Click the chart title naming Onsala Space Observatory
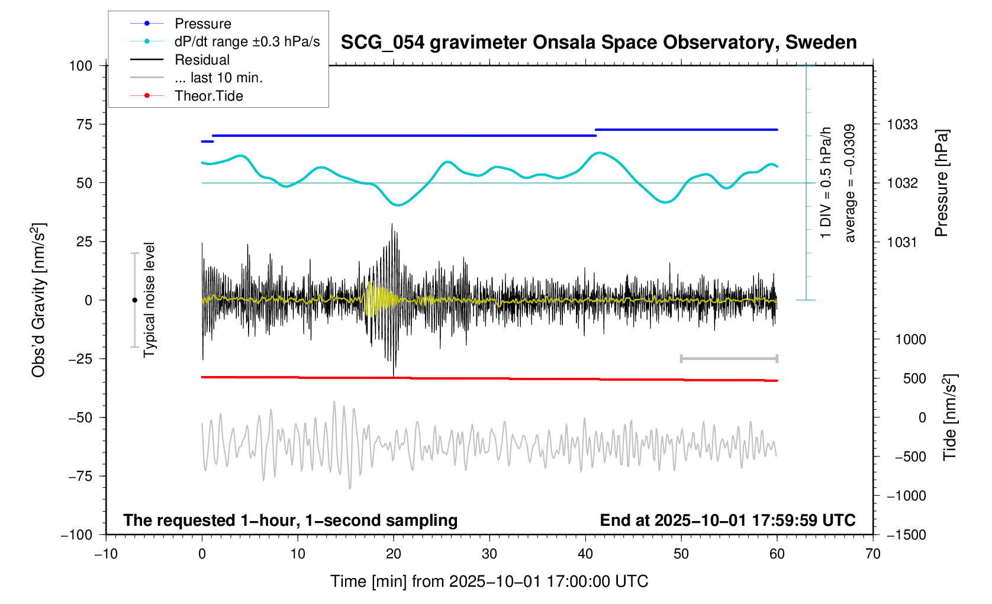pos(598,43)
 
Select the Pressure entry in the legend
pos(202,24)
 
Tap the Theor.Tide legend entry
pos(208,96)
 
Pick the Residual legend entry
pos(202,60)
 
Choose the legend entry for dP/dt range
pos(247,41)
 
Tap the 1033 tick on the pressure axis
pos(902,124)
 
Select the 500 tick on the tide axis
pos(914,378)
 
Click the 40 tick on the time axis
pos(585,554)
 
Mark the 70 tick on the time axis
pos(872,554)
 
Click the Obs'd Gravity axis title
pos(38,300)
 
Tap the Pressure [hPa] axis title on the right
pos(941,183)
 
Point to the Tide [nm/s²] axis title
pos(949,417)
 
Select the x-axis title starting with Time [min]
pos(489,581)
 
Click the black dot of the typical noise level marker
pos(134,300)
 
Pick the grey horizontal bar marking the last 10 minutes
pos(729,358)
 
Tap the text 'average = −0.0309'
pos(850,183)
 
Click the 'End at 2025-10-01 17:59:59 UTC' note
pos(727,521)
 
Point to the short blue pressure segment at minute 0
pos(207,142)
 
